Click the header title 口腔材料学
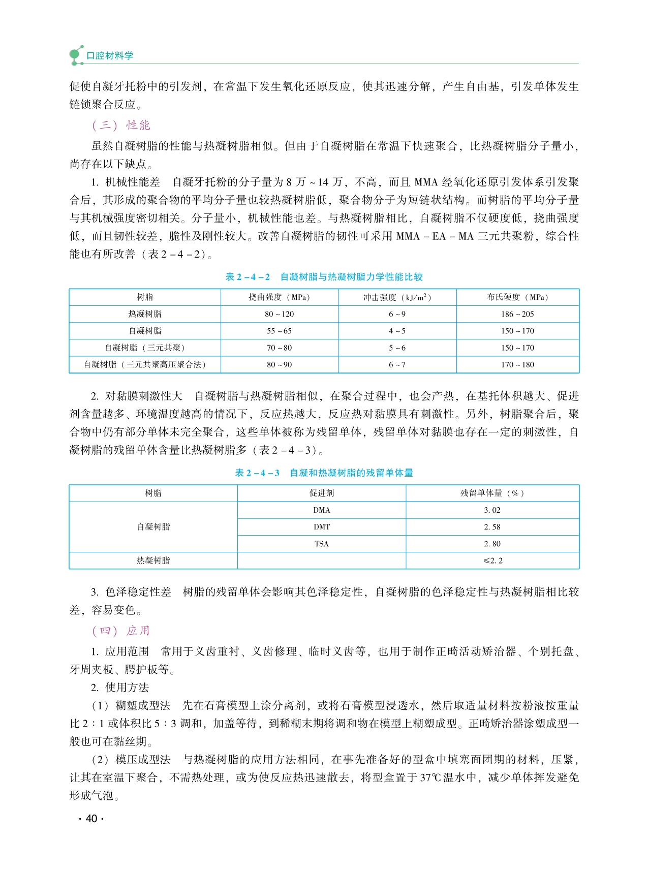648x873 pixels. pyautogui.click(x=110, y=55)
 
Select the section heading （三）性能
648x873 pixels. pyautogui.click(x=121, y=125)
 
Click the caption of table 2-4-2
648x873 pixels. pyautogui.click(x=324, y=277)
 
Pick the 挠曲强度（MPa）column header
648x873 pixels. pyautogui.click(x=279, y=297)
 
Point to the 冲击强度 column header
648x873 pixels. pyautogui.click(x=397, y=297)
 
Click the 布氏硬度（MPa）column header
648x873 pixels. pyautogui.click(x=517, y=297)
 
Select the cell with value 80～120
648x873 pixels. pyautogui.click(x=279, y=314)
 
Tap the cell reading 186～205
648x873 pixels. pyautogui.click(x=517, y=314)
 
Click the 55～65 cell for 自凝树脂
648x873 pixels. pyautogui.click(x=279, y=331)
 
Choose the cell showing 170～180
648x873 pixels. pyautogui.click(x=517, y=364)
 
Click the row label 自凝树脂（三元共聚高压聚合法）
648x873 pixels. pyautogui.click(x=145, y=364)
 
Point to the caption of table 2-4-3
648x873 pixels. pyautogui.click(x=324, y=473)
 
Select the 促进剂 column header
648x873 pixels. pyautogui.click(x=321, y=493)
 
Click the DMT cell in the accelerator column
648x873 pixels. pyautogui.click(x=321, y=527)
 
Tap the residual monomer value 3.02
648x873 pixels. pyautogui.click(x=492, y=510)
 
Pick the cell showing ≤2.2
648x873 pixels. pyautogui.click(x=492, y=560)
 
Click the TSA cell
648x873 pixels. pyautogui.click(x=321, y=544)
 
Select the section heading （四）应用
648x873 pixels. pyautogui.click(x=121, y=631)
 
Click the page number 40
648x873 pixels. pyautogui.click(x=91, y=818)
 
